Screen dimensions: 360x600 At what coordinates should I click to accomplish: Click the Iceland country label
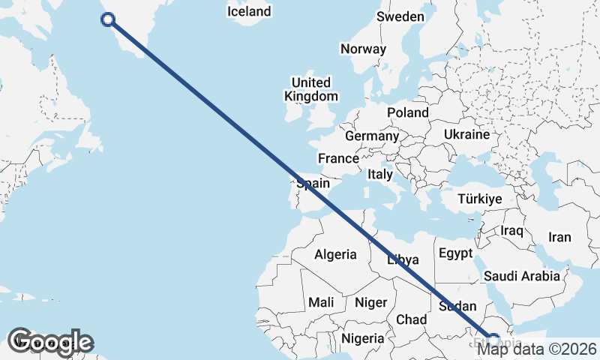(x=249, y=12)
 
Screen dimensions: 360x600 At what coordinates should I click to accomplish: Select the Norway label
(x=363, y=49)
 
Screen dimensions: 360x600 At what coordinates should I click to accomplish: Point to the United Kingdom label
(x=311, y=89)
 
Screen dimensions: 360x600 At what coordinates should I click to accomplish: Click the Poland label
(x=408, y=112)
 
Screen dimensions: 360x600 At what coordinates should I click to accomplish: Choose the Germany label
(x=371, y=136)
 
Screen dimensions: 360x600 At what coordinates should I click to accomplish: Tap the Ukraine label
(x=466, y=134)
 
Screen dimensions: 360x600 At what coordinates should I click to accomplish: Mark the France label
(x=338, y=159)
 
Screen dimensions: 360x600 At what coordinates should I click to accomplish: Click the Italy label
(x=380, y=174)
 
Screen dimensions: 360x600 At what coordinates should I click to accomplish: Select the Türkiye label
(x=479, y=199)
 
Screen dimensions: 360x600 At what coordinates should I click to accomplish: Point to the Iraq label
(x=511, y=230)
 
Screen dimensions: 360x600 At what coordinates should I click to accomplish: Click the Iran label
(x=559, y=237)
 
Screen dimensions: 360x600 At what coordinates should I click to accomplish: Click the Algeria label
(x=335, y=255)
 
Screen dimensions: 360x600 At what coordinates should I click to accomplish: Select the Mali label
(x=321, y=302)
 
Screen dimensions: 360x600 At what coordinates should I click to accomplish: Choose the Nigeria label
(x=363, y=338)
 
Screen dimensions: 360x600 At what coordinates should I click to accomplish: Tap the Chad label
(x=411, y=319)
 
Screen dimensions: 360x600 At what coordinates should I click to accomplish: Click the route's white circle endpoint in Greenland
(x=107, y=20)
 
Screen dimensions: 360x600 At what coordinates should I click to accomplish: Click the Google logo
(x=49, y=342)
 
